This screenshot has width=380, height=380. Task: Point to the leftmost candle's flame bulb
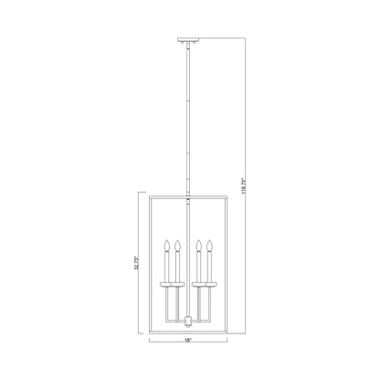[x=165, y=244]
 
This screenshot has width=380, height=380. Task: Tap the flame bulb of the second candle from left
[x=178, y=244]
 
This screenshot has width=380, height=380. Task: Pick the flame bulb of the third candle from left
[x=200, y=244]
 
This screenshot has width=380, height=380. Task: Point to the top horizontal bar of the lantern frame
[x=189, y=193]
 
